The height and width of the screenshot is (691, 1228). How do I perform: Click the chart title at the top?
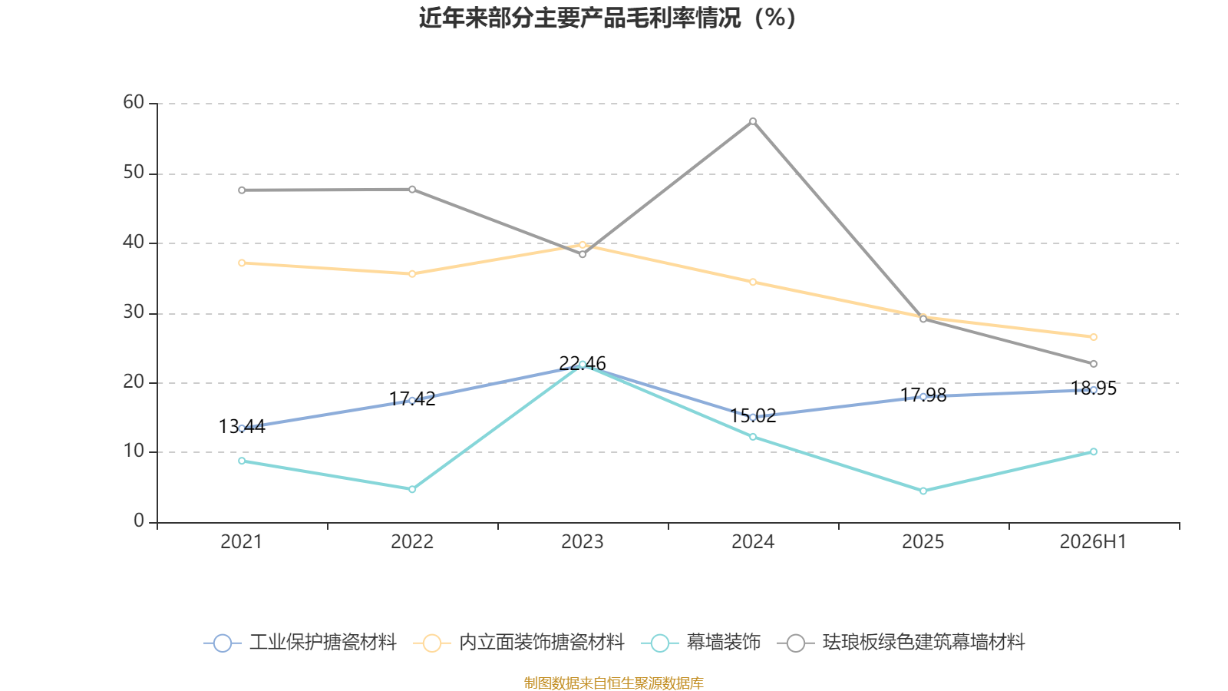[x=607, y=18]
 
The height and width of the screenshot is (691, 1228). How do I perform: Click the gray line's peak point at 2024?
[x=753, y=121]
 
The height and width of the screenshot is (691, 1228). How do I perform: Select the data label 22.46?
[x=583, y=363]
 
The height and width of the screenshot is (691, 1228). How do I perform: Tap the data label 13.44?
[x=242, y=426]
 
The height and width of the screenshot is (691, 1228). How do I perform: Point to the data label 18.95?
[x=1093, y=388]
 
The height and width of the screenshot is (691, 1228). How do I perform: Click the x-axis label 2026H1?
[x=1093, y=542]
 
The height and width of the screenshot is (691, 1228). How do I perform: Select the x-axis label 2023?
[x=583, y=542]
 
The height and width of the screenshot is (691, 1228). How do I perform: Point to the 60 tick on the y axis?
[x=134, y=102]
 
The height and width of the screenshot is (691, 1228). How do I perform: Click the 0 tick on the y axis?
[x=139, y=521]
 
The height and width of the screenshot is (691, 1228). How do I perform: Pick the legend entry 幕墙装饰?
[x=701, y=642]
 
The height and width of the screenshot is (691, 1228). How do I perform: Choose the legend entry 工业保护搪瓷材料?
[x=300, y=642]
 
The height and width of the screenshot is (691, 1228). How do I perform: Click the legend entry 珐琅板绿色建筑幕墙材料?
[x=901, y=642]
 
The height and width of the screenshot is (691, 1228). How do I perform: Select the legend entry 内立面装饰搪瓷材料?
[x=519, y=642]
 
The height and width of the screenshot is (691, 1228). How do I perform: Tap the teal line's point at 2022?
[x=412, y=489]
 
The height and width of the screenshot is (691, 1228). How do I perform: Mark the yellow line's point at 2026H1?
[x=1093, y=337]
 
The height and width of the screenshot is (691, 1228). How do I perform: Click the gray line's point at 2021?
[x=242, y=190]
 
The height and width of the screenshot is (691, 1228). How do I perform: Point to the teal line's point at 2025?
[x=923, y=491]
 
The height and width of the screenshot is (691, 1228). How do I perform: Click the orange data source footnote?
[x=613, y=683]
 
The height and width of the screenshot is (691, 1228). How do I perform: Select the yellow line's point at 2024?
[x=753, y=282]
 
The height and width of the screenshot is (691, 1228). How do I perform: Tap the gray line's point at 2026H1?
[x=1093, y=364]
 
